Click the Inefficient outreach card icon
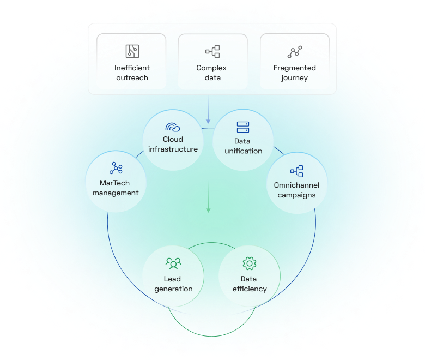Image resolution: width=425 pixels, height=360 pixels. click(x=131, y=52)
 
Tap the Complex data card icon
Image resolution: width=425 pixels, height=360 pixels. click(x=212, y=52)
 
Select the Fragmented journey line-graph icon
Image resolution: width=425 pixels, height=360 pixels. click(x=294, y=52)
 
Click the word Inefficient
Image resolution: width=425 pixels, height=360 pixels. click(x=132, y=68)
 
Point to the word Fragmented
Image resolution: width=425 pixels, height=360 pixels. click(x=294, y=68)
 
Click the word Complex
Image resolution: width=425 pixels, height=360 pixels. click(x=211, y=68)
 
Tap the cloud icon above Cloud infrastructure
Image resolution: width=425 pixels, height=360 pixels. click(x=173, y=128)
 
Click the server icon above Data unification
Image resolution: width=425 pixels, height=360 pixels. click(x=243, y=128)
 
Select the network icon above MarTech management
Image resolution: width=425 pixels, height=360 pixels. click(x=116, y=169)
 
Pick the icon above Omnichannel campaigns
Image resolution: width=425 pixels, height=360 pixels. click(x=296, y=171)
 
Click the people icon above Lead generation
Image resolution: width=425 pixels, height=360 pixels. click(x=173, y=264)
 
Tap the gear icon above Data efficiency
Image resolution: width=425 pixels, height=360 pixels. click(x=250, y=263)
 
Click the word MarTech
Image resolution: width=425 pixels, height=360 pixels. click(x=116, y=183)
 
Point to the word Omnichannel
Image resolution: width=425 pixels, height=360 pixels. click(x=296, y=185)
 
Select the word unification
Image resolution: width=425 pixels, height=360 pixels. click(x=243, y=151)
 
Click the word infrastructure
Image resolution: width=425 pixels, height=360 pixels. click(x=173, y=149)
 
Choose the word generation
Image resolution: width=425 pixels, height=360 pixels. click(x=173, y=289)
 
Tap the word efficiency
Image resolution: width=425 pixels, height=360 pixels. click(x=250, y=289)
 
